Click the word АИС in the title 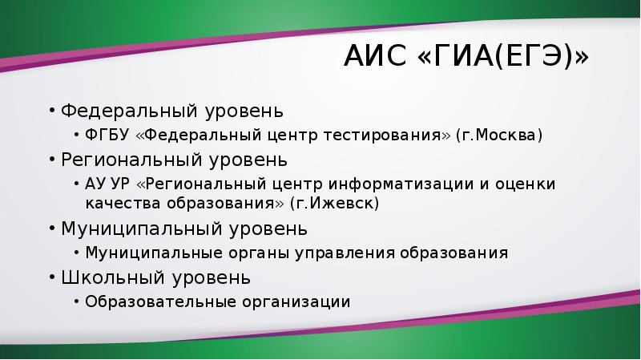click(375, 55)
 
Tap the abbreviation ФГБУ click(107, 135)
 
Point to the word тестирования click(382, 135)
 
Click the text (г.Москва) click(499, 135)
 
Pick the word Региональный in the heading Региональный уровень click(131, 160)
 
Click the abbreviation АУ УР click(107, 184)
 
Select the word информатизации click(401, 184)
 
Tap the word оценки click(526, 184)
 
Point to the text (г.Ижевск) click(334, 204)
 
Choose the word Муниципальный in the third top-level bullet click(142, 229)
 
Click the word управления click(345, 253)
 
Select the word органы click(259, 253)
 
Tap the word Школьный click(113, 277)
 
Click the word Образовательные click(161, 302)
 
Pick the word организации click(296, 302)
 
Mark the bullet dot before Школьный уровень click(52, 277)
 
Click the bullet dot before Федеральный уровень click(52, 111)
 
